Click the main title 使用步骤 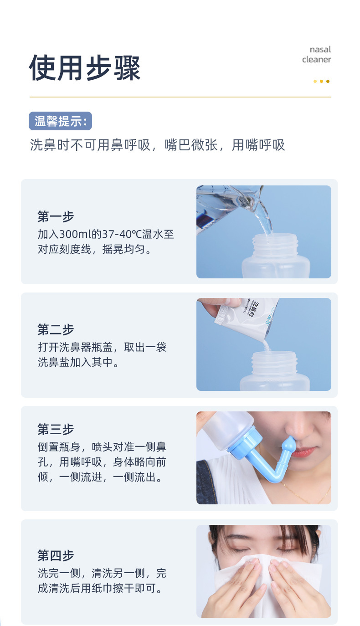pos(85,68)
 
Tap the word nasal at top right pos(320,49)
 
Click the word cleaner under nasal pos(316,60)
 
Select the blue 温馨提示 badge pos(60,121)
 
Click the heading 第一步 pos(56,216)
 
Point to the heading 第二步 pos(56,329)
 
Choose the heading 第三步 pos(56,429)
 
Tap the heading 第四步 pos(56,556)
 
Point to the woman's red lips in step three pos(303,451)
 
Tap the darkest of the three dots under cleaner pos(328,82)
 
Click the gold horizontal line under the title pos(180,97)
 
